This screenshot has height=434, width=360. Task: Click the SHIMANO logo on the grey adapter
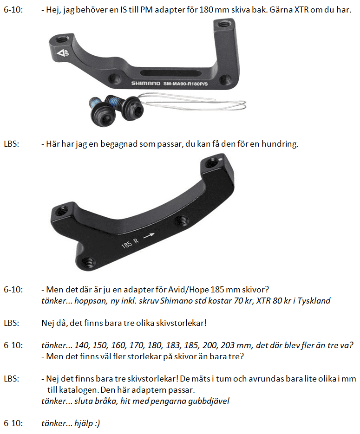tap(146, 83)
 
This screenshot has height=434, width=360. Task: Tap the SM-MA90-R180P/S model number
tap(185, 84)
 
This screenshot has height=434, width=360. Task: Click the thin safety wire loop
tap(194, 101)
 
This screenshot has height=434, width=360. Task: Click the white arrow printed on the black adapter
tap(149, 235)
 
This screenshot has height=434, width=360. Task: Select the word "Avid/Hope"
tap(188, 290)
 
